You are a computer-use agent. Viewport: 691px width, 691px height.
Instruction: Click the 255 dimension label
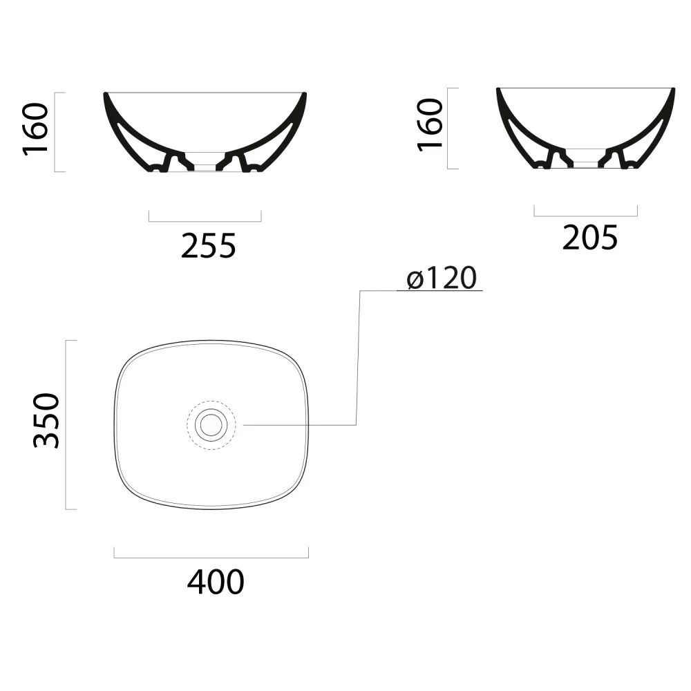coord(209,245)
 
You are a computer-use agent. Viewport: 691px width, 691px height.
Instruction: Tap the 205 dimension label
coord(589,238)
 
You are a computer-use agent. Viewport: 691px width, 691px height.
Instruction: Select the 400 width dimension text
coord(216,582)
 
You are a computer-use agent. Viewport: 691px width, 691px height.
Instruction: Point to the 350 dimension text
coord(46,421)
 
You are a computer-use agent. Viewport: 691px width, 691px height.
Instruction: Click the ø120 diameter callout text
coord(442,278)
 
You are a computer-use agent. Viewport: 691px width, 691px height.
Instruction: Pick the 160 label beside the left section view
coord(35,129)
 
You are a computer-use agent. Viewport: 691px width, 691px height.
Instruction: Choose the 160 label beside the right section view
coord(430,125)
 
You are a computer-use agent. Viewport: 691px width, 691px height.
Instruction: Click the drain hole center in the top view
coord(211,425)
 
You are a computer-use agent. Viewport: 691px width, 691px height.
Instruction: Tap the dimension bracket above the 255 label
coord(205,221)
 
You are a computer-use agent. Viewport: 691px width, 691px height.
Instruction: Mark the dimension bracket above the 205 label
coord(586,216)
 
